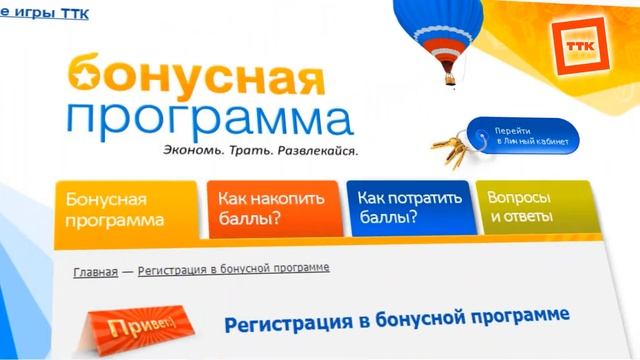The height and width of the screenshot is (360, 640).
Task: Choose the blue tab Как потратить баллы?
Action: pyautogui.click(x=404, y=209)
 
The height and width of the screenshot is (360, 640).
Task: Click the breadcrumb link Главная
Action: pyautogui.click(x=95, y=271)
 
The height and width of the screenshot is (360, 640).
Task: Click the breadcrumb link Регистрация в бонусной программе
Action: pyautogui.click(x=233, y=269)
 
